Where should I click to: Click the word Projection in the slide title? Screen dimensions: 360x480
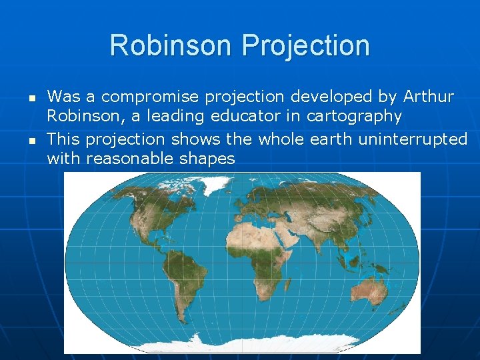click(x=306, y=45)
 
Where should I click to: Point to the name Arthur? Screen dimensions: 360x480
click(x=428, y=97)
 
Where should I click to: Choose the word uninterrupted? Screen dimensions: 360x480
click(x=413, y=139)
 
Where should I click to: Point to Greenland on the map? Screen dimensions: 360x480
click(x=200, y=190)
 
